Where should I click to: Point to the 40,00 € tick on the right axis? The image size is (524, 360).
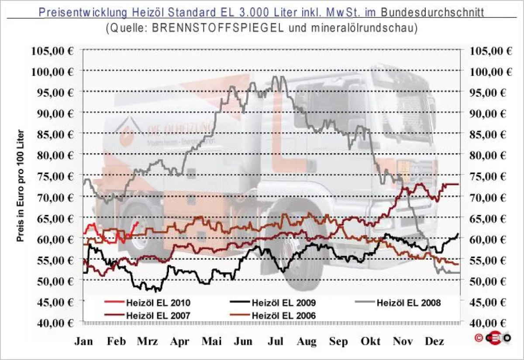(491, 323)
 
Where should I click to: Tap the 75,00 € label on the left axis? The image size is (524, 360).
(52, 176)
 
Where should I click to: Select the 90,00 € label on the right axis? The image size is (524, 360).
(491, 113)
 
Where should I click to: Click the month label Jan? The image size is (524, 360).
(83, 341)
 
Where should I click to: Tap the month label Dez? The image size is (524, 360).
(434, 341)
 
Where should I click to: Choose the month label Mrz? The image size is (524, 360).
(147, 341)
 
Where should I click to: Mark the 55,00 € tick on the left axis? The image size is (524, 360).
(52, 260)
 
